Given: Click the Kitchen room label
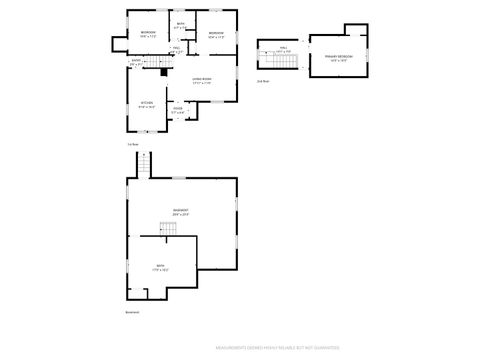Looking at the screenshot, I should coord(146,103).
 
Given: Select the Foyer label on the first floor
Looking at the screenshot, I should coord(178,110).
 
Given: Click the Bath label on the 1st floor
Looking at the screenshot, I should coord(181,25).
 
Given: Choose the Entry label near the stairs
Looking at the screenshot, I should coord(136,62).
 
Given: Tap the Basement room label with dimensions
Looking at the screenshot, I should coord(180,212).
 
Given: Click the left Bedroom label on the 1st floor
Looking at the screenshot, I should coord(147,34).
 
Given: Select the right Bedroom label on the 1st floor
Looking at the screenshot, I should coord(216,34).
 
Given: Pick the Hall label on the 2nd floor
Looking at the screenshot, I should coord(283,49).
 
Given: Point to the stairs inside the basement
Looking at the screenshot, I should coord(170,231).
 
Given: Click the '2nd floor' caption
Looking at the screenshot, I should coord(263,80).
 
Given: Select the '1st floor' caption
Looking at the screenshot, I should coord(132,144).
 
